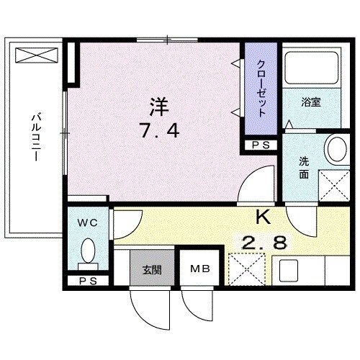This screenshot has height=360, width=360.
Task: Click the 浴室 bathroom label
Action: pos(311,102)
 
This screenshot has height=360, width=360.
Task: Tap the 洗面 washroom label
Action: pos(305,168)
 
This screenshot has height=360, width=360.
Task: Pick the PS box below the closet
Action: pos(261,145)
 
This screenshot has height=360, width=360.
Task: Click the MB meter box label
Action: pos(199,270)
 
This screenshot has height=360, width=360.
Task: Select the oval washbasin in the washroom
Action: pos(336,150)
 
